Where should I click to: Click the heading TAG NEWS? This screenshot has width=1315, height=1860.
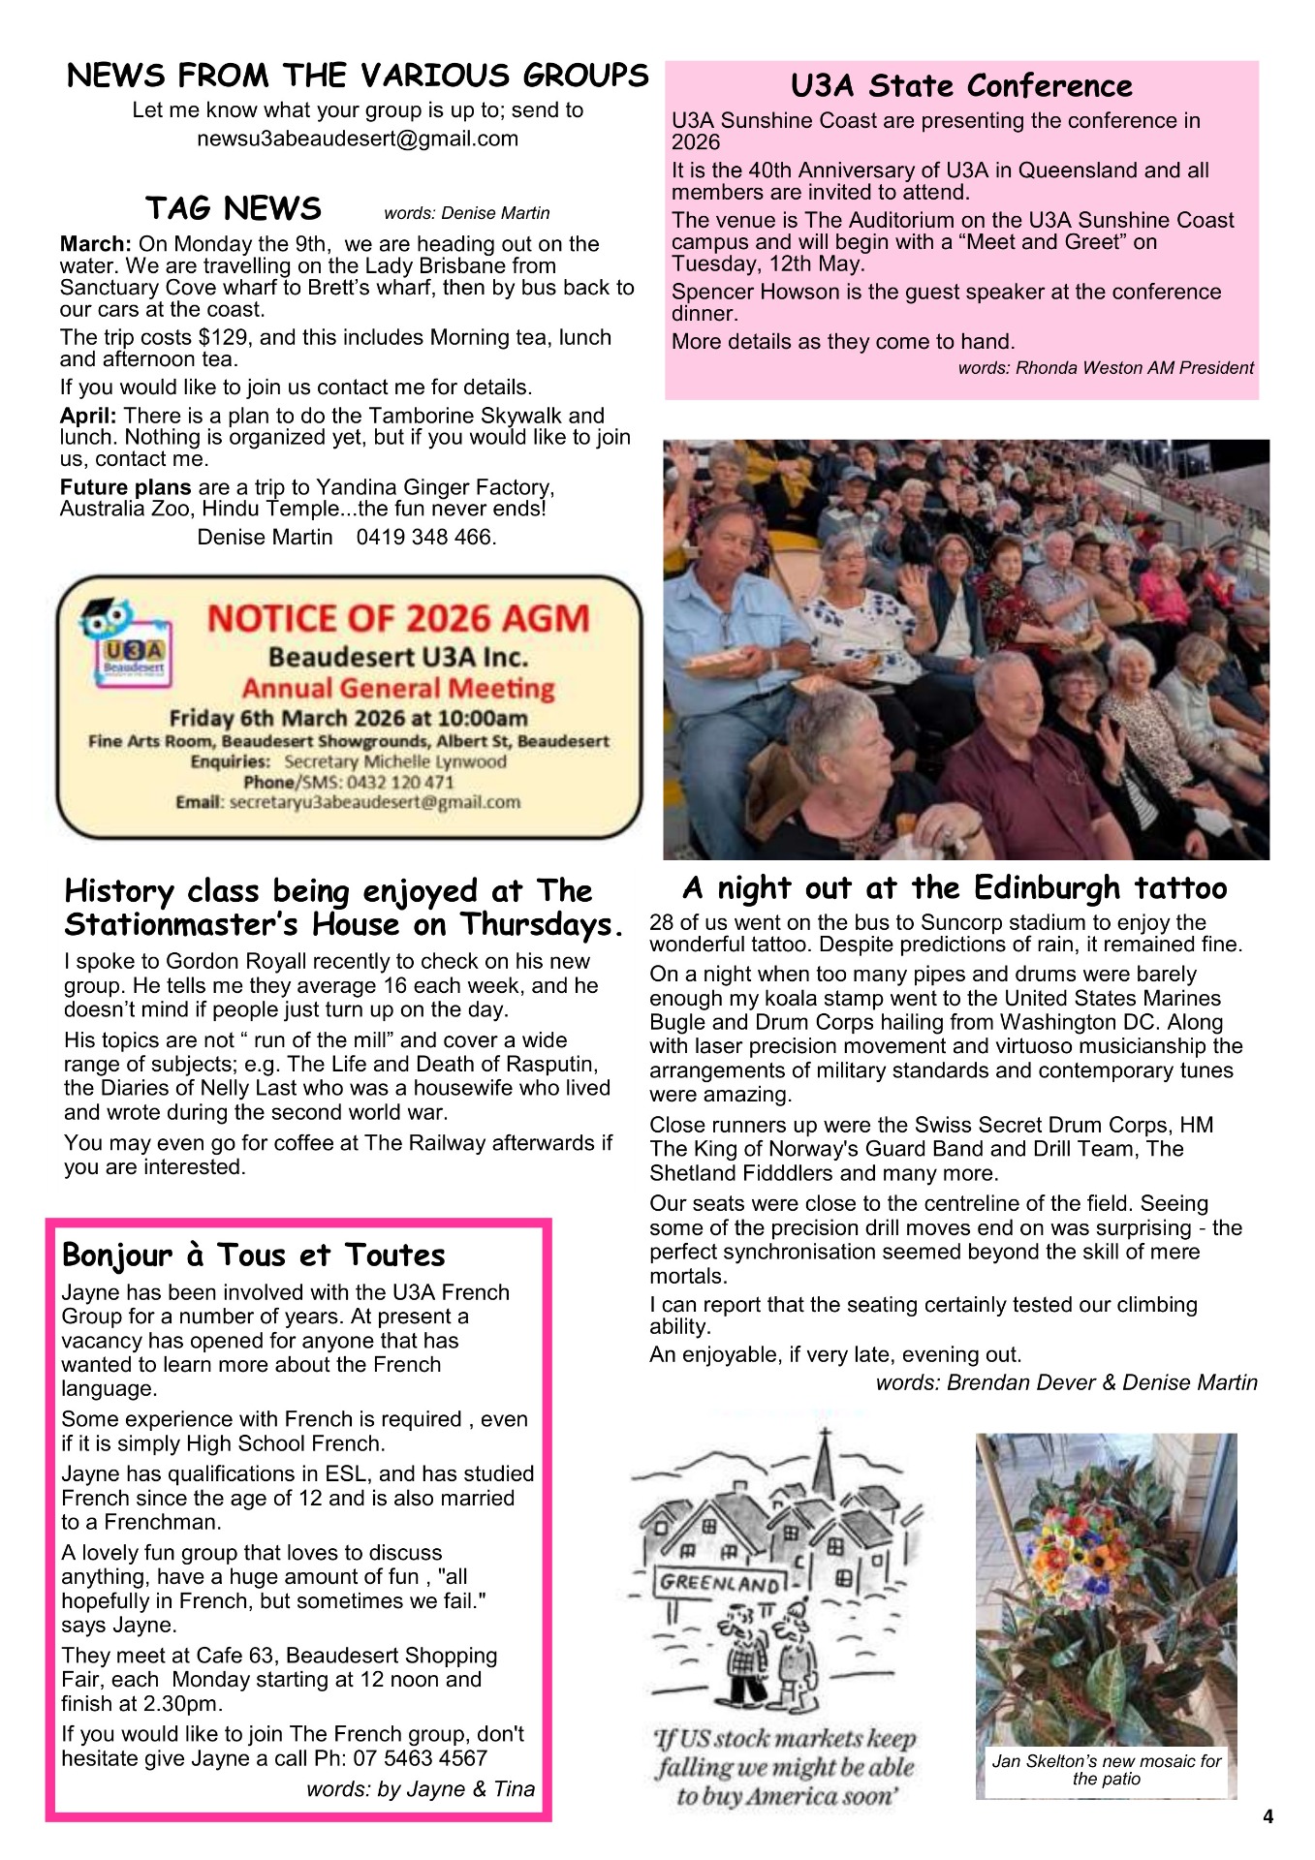[x=233, y=208]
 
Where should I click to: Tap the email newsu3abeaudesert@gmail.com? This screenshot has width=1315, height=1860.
[x=358, y=139]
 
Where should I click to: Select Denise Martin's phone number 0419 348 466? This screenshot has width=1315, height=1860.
[x=426, y=537]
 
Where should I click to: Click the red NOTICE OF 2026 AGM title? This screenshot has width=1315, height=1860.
[x=397, y=618]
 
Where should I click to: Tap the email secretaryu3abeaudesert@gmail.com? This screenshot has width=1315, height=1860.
[x=374, y=802]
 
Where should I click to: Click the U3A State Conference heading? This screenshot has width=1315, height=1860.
[x=961, y=86]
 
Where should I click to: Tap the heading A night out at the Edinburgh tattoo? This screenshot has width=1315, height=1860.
[x=955, y=887]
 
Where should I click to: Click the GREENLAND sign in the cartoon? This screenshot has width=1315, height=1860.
[x=720, y=1584]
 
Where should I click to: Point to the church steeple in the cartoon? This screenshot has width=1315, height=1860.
[x=825, y=1463]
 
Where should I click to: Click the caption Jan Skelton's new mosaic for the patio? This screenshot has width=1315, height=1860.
[x=1106, y=1769]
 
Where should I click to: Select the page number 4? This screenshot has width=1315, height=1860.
[x=1268, y=1816]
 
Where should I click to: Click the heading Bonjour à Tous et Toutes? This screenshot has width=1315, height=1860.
[x=253, y=1255]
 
